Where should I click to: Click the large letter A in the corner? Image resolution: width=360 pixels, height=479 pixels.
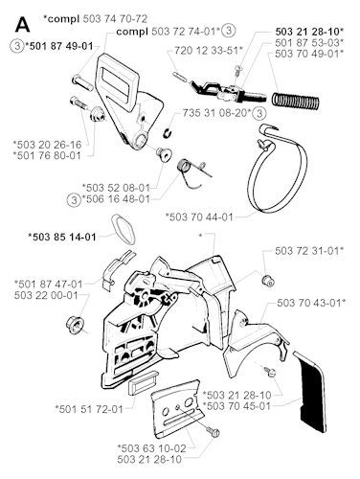[x=22, y=25]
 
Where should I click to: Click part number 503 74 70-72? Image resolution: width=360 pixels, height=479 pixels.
[x=115, y=19]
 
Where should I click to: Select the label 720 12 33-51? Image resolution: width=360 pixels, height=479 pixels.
[x=209, y=50]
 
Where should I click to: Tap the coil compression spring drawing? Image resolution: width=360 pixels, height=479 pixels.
[x=296, y=99]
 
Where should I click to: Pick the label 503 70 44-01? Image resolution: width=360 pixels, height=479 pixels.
[x=199, y=217]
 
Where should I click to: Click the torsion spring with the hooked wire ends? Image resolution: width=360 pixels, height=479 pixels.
[x=193, y=174]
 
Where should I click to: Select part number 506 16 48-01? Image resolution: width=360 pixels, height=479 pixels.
[x=116, y=199]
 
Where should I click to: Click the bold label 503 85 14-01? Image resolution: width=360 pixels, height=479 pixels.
[x=62, y=237]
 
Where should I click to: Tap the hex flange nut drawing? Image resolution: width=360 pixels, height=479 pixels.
[x=74, y=325]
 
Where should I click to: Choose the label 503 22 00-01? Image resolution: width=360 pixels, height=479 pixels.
[x=46, y=295]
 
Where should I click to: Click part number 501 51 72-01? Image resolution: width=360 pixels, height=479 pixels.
[x=89, y=409]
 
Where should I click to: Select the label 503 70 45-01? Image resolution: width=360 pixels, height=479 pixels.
[x=236, y=406]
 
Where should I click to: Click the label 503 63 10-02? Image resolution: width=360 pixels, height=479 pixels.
[x=151, y=448]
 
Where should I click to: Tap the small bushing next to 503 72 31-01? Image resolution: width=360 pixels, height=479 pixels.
[x=268, y=281]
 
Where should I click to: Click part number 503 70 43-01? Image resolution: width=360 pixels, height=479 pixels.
[x=311, y=303]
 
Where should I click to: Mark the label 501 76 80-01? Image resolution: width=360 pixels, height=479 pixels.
[x=47, y=156]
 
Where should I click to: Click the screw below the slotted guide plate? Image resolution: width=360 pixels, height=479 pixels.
[x=213, y=431]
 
